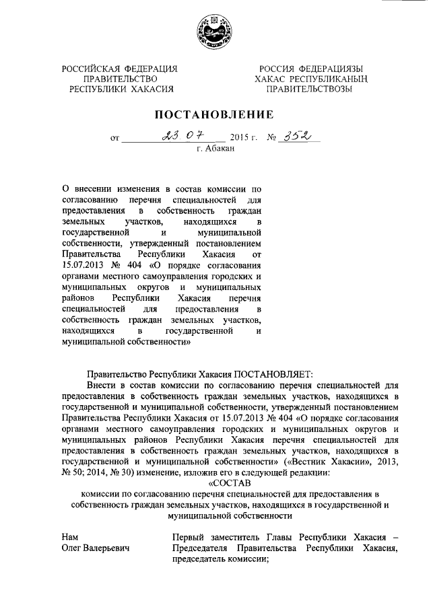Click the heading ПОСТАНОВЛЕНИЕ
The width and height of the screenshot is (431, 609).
(215, 114)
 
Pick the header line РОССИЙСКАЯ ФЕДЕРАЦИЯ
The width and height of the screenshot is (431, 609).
(119, 69)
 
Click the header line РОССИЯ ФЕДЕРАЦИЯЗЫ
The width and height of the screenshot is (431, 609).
(309, 69)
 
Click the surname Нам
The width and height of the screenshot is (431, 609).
(69, 537)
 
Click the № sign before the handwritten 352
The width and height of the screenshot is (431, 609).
(273, 138)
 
